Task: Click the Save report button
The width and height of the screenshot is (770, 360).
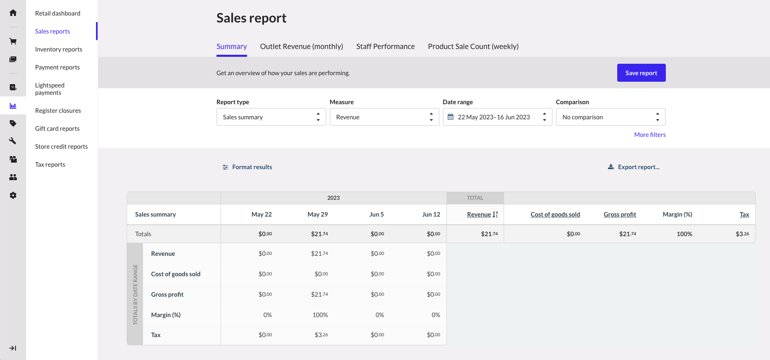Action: tap(641, 73)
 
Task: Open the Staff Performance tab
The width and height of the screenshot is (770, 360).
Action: tap(385, 47)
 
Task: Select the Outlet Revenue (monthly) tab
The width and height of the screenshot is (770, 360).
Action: tap(301, 47)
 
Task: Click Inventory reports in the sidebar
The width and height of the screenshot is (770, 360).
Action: tap(58, 49)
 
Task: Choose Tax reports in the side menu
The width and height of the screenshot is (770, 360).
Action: tap(50, 165)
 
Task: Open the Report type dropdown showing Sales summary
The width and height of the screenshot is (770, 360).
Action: tap(271, 117)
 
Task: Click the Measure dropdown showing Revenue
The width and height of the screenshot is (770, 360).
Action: tap(384, 117)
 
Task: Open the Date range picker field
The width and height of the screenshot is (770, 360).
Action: tap(497, 117)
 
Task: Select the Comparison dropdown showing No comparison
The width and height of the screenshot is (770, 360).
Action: tap(610, 117)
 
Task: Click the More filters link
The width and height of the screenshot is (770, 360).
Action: tap(649, 135)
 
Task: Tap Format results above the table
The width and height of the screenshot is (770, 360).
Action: tap(247, 167)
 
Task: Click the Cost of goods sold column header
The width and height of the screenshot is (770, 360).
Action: tap(555, 215)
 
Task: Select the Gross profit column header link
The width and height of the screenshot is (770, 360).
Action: tap(619, 215)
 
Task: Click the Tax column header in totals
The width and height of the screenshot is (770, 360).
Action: tap(744, 215)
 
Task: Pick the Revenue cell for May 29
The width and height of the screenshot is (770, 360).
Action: tap(319, 254)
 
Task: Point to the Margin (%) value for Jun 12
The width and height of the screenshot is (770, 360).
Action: tap(435, 315)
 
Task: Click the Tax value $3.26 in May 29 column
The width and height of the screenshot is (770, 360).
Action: tap(321, 335)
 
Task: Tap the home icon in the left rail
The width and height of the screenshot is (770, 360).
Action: tap(13, 13)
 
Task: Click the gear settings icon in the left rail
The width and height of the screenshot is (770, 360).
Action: tap(13, 195)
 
